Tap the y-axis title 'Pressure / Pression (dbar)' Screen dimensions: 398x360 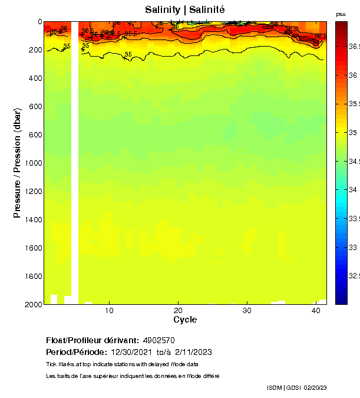(x=17, y=163)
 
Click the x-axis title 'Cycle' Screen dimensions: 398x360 (x=185, y=320)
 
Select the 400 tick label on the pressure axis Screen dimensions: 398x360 (x=34, y=78)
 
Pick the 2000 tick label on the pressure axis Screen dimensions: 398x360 (x=32, y=304)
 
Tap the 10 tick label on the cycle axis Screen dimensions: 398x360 (x=109, y=310)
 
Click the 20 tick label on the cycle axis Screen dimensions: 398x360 (x=178, y=310)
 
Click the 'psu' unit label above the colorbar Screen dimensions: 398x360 (x=341, y=14)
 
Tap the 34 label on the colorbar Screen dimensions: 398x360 (x=353, y=190)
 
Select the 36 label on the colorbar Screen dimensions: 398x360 (x=353, y=75)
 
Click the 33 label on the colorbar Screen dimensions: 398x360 (x=353, y=247)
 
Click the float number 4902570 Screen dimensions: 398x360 (x=158, y=340)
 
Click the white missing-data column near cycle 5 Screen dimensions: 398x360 (x=75, y=165)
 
